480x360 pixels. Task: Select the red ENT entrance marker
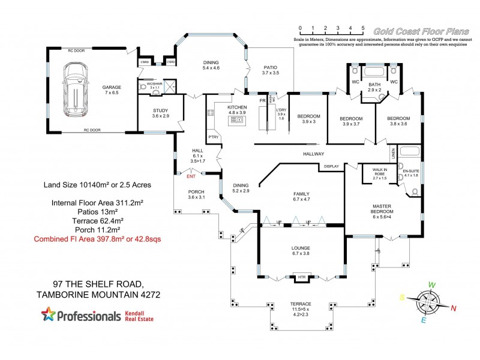pyautogui.click(x=192, y=176)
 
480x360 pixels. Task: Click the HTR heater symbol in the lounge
pyautogui.click(x=301, y=277)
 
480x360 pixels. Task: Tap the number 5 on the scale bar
pyautogui.click(x=362, y=28)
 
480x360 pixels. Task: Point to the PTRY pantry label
pyautogui.click(x=213, y=137)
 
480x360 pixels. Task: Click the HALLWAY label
pyautogui.click(x=313, y=154)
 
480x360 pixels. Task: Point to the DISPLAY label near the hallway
pyautogui.click(x=332, y=166)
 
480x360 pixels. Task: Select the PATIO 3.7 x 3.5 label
pyautogui.click(x=271, y=70)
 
